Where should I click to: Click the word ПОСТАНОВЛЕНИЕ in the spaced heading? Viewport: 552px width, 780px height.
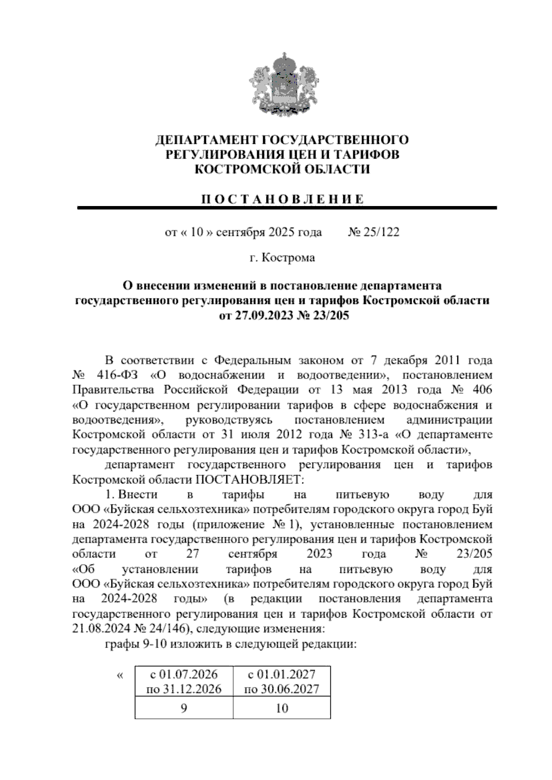(x=282, y=200)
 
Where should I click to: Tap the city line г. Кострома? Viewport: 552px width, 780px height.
(x=282, y=258)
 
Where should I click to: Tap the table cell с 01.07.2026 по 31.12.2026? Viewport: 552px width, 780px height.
(x=184, y=682)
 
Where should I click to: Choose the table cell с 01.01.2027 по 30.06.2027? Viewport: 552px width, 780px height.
(x=282, y=682)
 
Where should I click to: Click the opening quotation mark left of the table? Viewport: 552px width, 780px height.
(x=120, y=675)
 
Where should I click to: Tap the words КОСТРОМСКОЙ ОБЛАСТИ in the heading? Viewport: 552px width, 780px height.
(x=282, y=169)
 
